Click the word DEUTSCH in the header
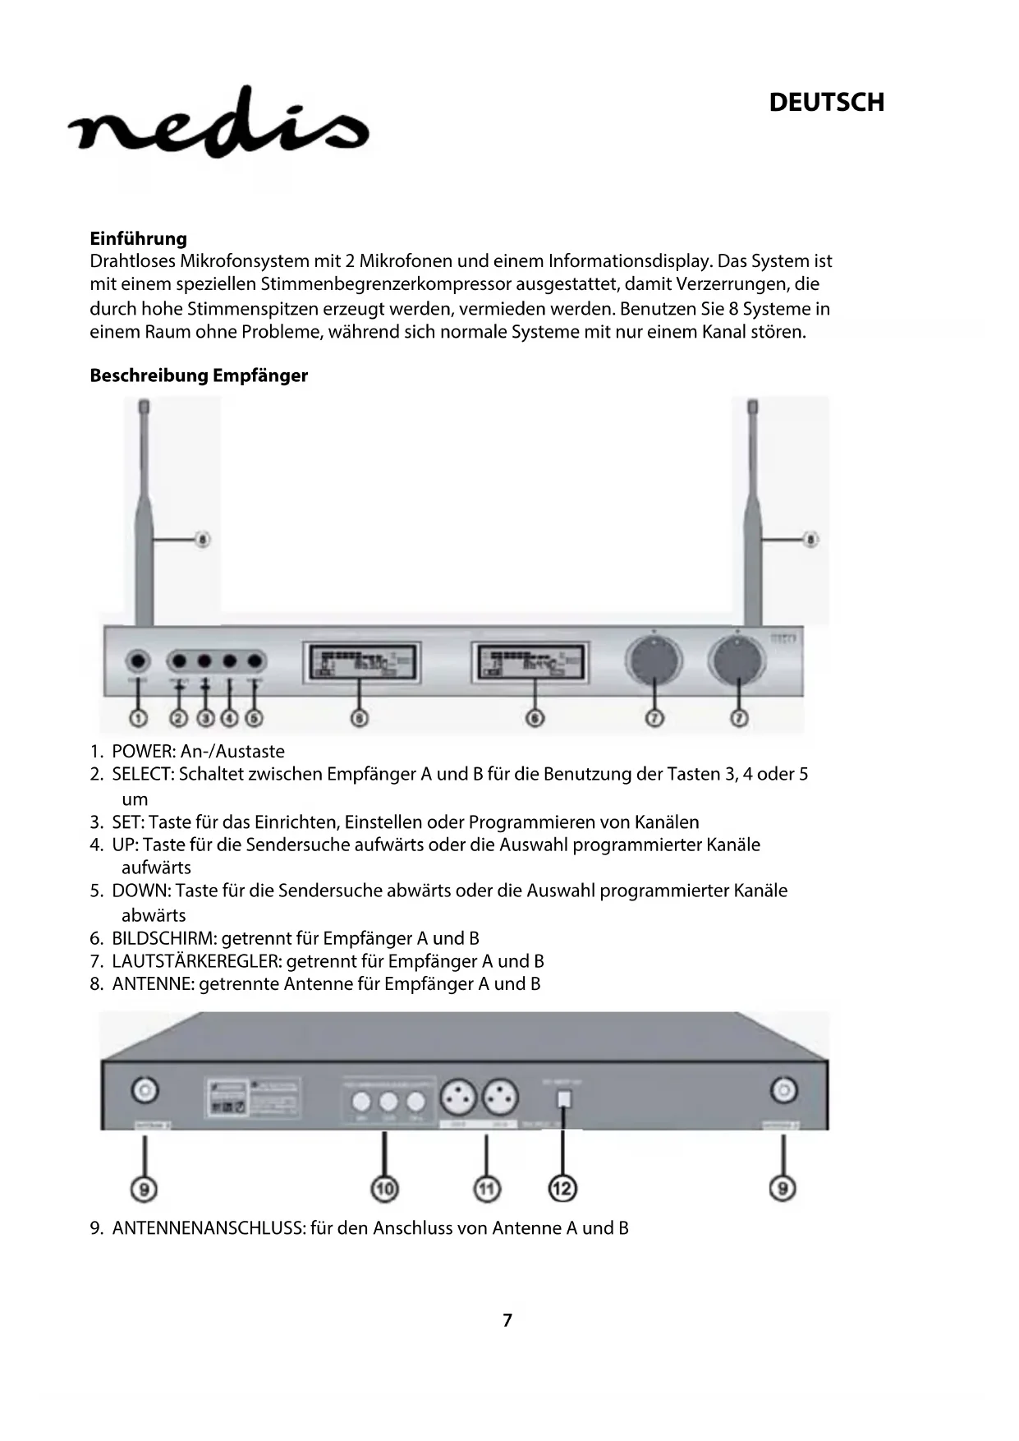pyautogui.click(x=826, y=103)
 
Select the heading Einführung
pyautogui.click(x=138, y=238)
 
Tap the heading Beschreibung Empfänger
pyautogui.click(x=199, y=375)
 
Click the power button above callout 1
pyautogui.click(x=138, y=661)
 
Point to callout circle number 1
pyautogui.click(x=138, y=718)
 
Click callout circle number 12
pyautogui.click(x=562, y=1188)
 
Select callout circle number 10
pyautogui.click(x=384, y=1188)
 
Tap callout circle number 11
pyautogui.click(x=487, y=1188)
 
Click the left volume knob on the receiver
pyautogui.click(x=654, y=661)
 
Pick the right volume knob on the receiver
pyautogui.click(x=738, y=661)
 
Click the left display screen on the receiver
pyautogui.click(x=362, y=662)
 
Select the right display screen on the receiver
pyautogui.click(x=530, y=662)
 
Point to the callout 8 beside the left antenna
pyautogui.click(x=202, y=540)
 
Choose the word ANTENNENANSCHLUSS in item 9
pyautogui.click(x=209, y=1228)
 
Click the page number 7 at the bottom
pyautogui.click(x=507, y=1320)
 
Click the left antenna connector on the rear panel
pyautogui.click(x=145, y=1090)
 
